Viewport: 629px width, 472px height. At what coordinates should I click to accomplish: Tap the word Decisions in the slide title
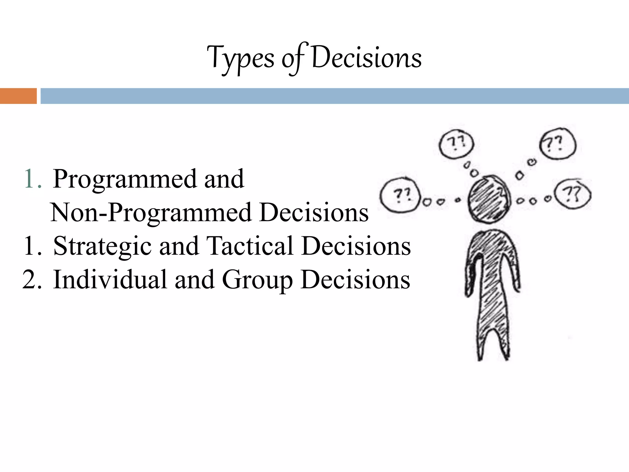(x=366, y=58)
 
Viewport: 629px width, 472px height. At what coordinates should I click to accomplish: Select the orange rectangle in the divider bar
(x=18, y=96)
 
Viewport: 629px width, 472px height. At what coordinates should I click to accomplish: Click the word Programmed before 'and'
(x=124, y=179)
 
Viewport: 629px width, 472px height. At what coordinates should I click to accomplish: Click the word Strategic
(x=102, y=246)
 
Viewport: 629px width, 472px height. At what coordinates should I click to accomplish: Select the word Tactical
(x=250, y=246)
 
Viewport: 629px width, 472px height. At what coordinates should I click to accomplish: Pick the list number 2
(x=31, y=280)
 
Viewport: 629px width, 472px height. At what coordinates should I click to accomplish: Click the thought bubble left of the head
(x=400, y=196)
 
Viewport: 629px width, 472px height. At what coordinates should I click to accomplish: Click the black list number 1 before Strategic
(x=32, y=246)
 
